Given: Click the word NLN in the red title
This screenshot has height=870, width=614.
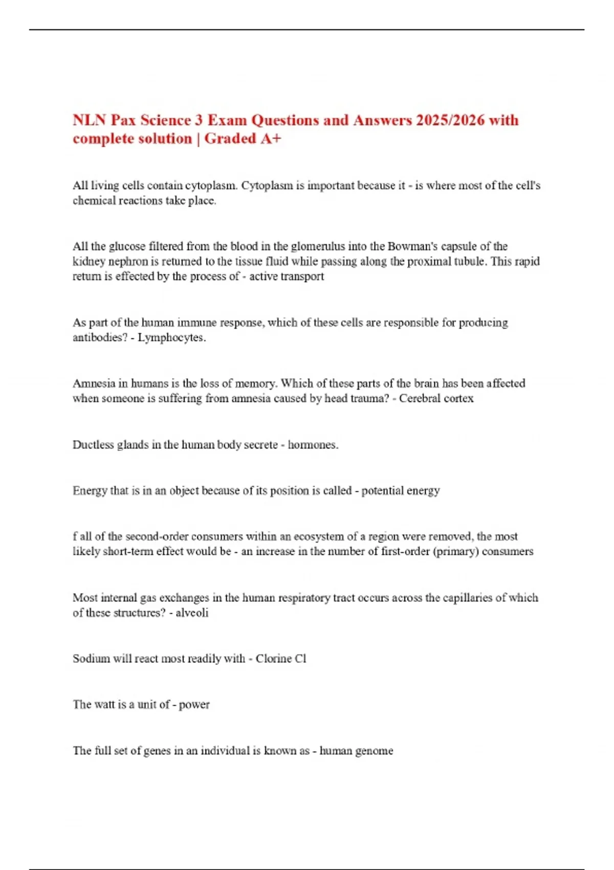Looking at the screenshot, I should [x=90, y=120].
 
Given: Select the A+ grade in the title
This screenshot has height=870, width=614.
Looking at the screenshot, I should [x=271, y=139].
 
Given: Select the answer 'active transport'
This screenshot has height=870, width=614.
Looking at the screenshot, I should [x=287, y=276].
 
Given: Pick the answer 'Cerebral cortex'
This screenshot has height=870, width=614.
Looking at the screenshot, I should [x=436, y=398].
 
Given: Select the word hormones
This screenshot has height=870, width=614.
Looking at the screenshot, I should [x=313, y=445].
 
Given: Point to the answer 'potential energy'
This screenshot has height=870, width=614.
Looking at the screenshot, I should [x=401, y=491].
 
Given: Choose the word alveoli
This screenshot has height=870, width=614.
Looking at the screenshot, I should [x=192, y=613].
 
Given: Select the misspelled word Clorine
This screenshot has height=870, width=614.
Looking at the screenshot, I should [x=274, y=659].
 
